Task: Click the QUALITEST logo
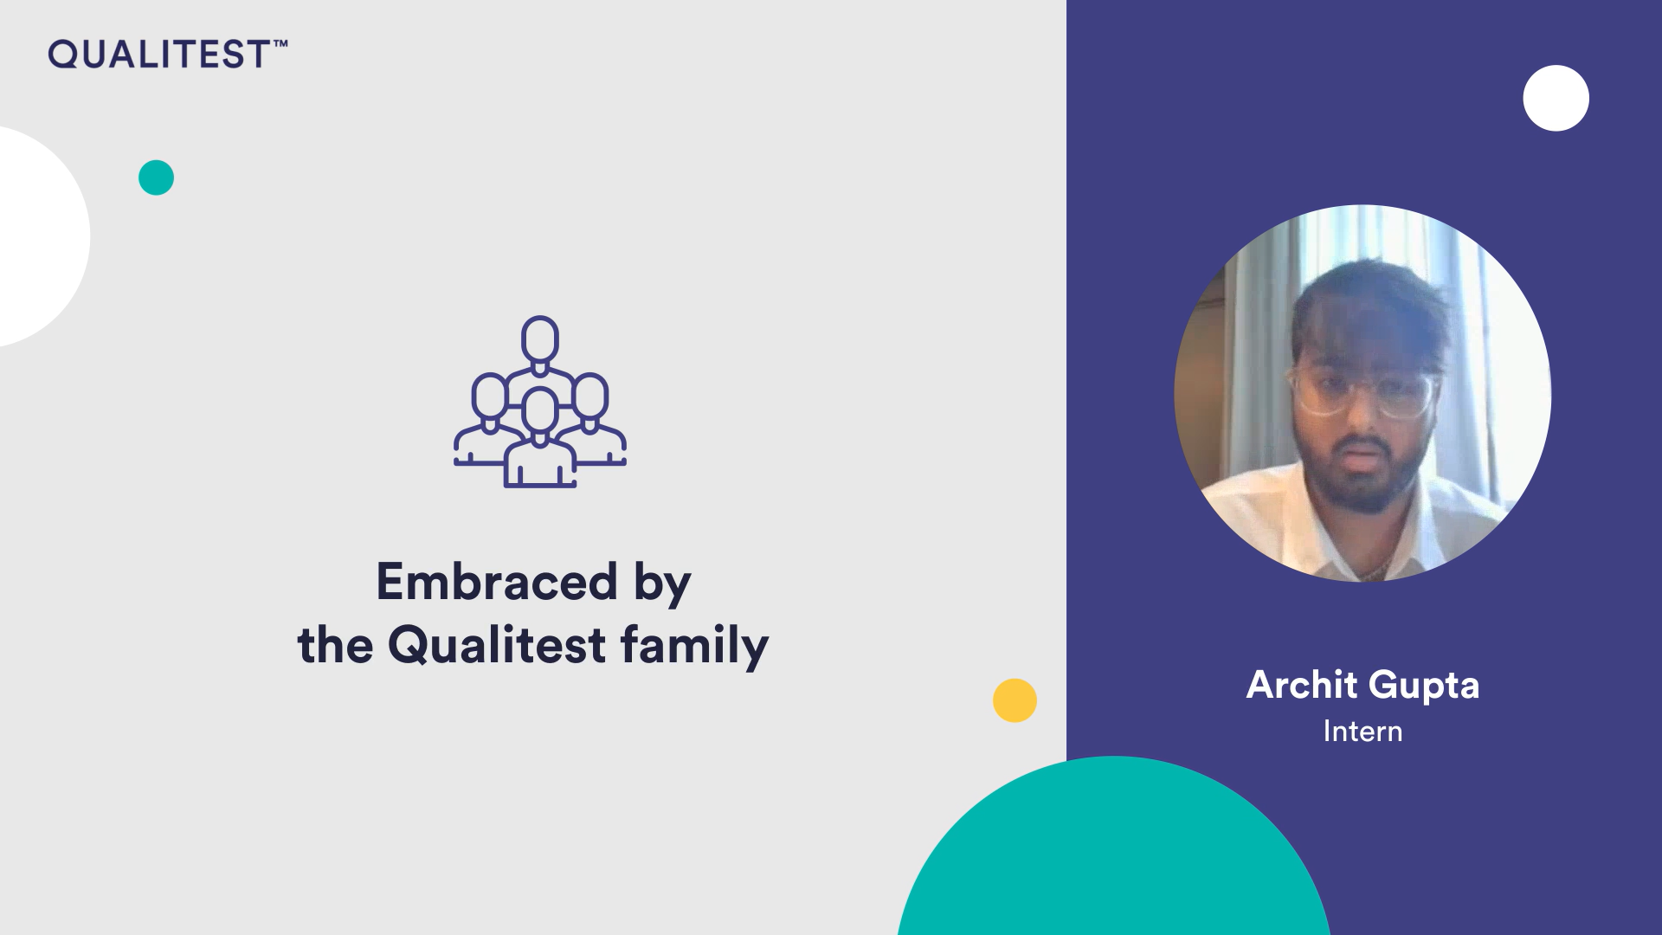pos(167,54)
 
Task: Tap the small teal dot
pos(156,177)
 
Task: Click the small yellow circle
pos(1015,700)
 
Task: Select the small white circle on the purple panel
pos(1556,98)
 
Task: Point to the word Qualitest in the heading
pos(497,645)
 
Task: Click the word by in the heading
pos(662,584)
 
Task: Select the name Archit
pos(1302,685)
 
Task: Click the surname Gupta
pos(1424,687)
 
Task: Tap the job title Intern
pos(1362,732)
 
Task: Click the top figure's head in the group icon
pos(540,340)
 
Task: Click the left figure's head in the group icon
pos(490,397)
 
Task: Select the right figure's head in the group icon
pos(590,397)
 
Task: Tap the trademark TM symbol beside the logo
pos(280,42)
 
